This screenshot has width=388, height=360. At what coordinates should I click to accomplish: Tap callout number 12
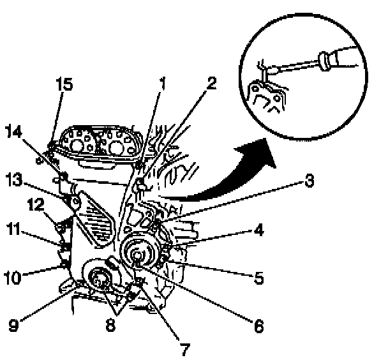click(x=34, y=204)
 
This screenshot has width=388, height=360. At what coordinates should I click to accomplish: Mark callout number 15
click(x=65, y=84)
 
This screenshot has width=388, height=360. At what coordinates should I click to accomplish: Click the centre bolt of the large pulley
click(x=138, y=256)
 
